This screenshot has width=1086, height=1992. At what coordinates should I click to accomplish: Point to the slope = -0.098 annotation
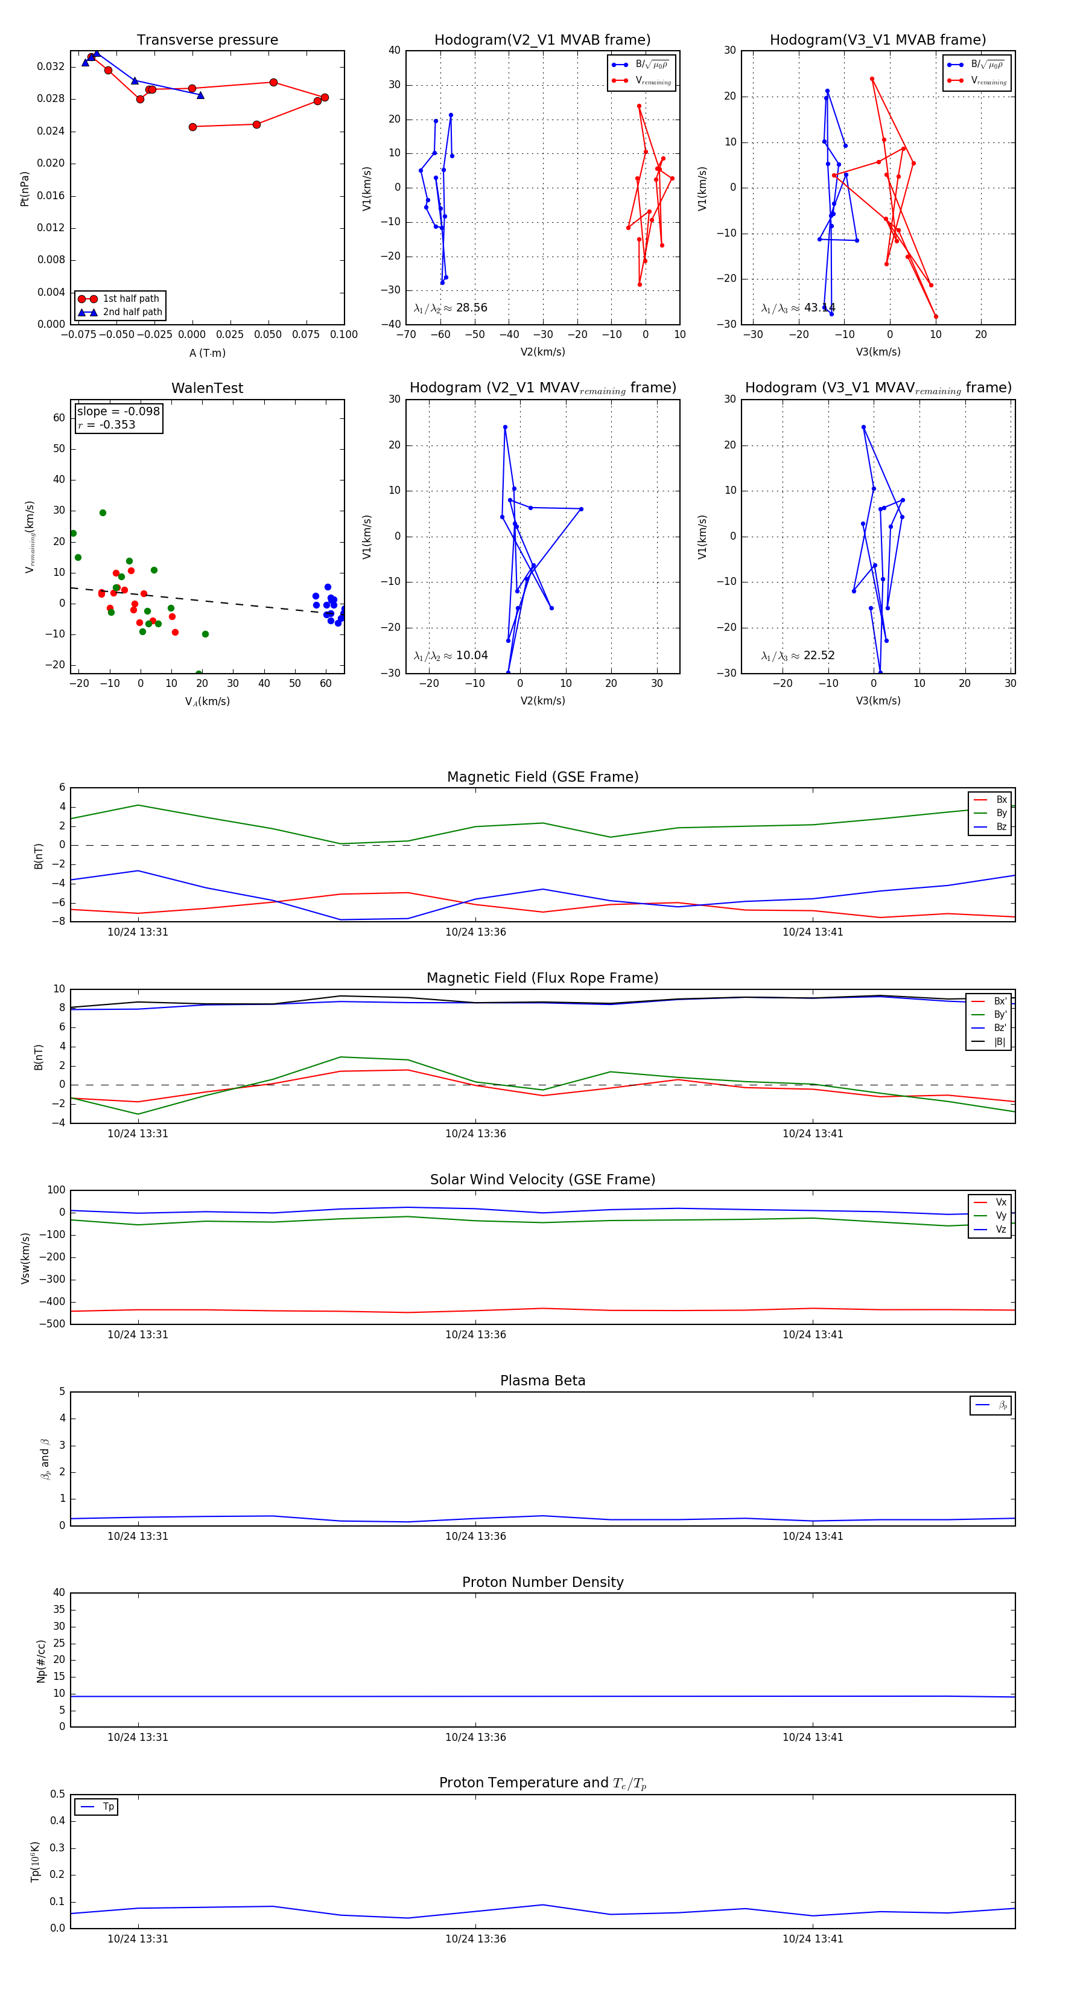pos(118,412)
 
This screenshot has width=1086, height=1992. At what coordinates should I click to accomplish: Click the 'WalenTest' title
pos(207,388)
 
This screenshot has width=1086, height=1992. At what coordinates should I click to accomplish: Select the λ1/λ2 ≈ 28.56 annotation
pos(451,308)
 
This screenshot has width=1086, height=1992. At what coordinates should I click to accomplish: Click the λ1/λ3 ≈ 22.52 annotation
pos(798,656)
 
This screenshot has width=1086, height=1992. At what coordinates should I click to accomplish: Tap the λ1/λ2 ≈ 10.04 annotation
pos(451,656)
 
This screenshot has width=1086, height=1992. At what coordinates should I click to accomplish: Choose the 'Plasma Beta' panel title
pos(542,1381)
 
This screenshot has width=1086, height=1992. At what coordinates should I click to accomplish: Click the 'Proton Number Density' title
pos(542,1582)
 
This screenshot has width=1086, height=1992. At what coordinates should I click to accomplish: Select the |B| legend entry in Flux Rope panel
pos(1000,1042)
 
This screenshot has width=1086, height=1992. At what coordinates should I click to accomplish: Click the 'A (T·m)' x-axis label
pos(207,353)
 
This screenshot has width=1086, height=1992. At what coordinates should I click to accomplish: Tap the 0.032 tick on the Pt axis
pos(51,66)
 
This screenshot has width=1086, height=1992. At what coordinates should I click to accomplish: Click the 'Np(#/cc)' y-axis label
pos(42,1661)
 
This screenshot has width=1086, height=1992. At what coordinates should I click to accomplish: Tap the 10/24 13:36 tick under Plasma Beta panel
pos(475,1536)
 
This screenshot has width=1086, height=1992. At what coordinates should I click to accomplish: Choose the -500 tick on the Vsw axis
pos(52,1324)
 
